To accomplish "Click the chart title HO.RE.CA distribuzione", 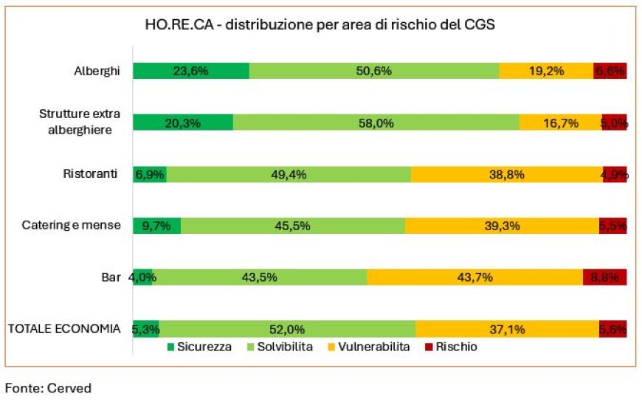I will (320, 24).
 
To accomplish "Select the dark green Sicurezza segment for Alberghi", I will (190, 71).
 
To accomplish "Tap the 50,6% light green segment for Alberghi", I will (374, 71).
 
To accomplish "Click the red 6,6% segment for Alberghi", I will (610, 71).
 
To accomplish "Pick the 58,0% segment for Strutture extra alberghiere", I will (376, 122).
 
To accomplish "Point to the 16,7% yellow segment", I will (560, 122).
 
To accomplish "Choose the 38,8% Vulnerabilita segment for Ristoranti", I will (506, 174).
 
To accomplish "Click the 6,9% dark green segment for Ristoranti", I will (150, 174).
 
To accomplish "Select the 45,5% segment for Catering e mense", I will (292, 226).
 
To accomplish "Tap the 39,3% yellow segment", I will (502, 226).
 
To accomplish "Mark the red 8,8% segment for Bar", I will (605, 277).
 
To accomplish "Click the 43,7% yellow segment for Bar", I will (474, 277).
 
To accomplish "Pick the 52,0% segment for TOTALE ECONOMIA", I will (287, 329).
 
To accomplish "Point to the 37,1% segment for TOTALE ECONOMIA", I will (507, 329).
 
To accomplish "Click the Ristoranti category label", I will (91, 174).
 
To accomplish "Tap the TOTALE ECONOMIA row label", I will (63, 329).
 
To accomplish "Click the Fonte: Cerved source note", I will (49, 388).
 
